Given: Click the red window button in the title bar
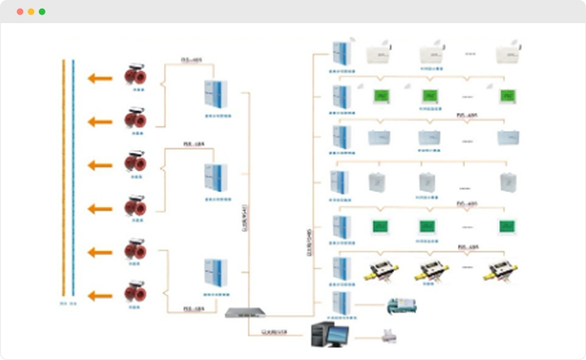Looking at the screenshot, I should coord(20,12).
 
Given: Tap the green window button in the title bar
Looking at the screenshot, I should coord(42,12).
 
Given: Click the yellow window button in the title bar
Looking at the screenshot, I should coord(30,12).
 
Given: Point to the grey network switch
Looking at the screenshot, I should coord(245,313).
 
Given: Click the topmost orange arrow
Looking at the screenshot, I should coord(101,78).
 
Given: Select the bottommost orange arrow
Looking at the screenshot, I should coord(101,296).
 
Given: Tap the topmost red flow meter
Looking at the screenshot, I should coord(135,75).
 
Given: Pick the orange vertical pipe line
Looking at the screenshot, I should coord(64,181).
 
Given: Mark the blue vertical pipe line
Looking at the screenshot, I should coord(73,181).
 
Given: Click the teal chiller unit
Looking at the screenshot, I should coord(402,304).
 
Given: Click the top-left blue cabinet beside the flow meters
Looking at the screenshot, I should coord(216,93).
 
